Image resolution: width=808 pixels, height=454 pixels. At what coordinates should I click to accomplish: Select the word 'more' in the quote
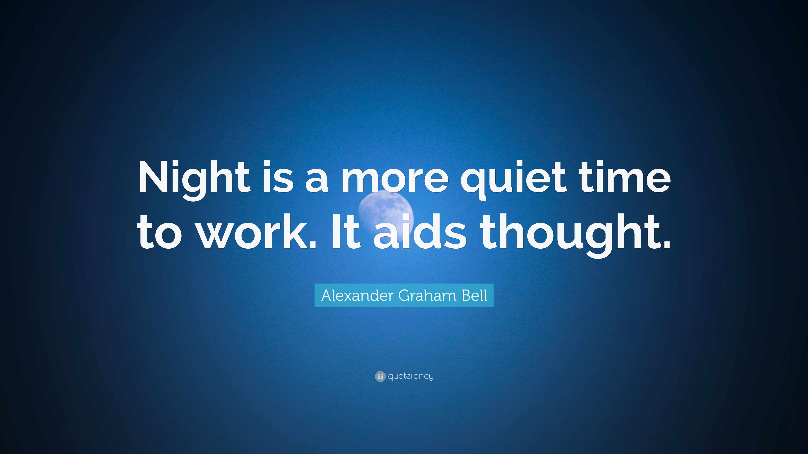pyautogui.click(x=395, y=180)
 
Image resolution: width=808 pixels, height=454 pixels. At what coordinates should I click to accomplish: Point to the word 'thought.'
pyautogui.click(x=575, y=236)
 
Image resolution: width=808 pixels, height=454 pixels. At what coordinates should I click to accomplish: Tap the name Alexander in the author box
pyautogui.click(x=357, y=295)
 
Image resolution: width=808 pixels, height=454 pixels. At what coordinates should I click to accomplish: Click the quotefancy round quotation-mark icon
pyautogui.click(x=380, y=376)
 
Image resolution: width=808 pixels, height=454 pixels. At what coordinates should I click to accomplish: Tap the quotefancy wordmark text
pyautogui.click(x=411, y=376)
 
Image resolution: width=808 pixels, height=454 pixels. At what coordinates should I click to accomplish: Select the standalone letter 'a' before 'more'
pyautogui.click(x=317, y=180)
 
